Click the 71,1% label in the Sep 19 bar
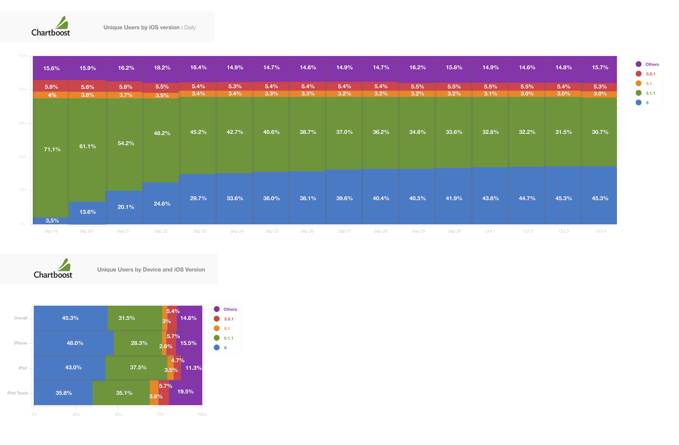[x=52, y=149]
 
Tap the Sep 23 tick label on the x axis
[x=199, y=231]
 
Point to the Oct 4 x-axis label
[x=601, y=231]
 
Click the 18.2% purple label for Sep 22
[x=162, y=68]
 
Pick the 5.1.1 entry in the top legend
[x=650, y=93]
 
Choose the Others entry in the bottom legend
[x=230, y=309]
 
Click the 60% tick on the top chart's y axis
[x=23, y=123]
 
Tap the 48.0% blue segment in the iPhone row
[x=75, y=343]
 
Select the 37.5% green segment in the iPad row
[x=138, y=367]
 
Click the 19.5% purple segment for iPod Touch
[x=185, y=392]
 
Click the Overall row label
[x=21, y=318]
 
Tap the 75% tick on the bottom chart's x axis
[x=160, y=414]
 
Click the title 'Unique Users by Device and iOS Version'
[x=151, y=269]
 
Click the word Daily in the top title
[x=190, y=27]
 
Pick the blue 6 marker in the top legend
[x=638, y=103]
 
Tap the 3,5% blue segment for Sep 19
[x=52, y=221]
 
